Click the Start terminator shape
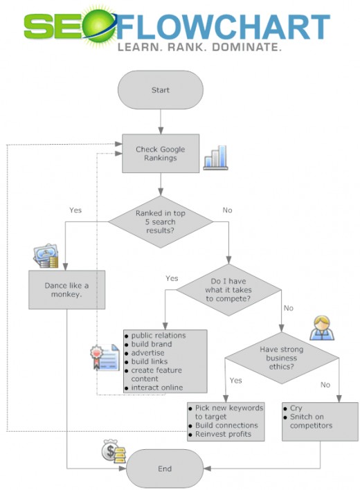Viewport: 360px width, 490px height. pos(161,90)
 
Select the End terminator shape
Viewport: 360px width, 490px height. pos(165,469)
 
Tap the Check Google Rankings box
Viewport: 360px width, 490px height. pos(161,154)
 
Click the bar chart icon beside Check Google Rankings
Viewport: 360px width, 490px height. pos(215,158)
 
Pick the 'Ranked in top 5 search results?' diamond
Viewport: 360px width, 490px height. pos(161,222)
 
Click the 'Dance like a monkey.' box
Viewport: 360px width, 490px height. pos(67,290)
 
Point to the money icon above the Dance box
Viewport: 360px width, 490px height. pos(46,256)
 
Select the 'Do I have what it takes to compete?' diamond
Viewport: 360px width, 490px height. pos(228,290)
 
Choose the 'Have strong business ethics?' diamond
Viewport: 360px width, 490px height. pos(282,358)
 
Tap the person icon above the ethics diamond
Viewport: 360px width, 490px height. pos(322,328)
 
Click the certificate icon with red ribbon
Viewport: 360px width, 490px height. pos(105,358)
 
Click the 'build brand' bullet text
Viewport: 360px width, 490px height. pos(152,344)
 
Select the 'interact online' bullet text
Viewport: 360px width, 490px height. pos(157,388)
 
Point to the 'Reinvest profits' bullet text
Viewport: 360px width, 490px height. pos(223,434)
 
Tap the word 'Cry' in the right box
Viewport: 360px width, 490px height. pos(296,408)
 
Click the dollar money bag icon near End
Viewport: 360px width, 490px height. pos(113,451)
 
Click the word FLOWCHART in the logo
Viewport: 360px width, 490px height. pos(223,27)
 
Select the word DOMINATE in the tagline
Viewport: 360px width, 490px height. pos(246,47)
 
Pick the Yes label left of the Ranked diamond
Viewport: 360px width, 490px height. pos(75,210)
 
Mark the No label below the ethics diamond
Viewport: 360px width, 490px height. pos(325,385)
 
